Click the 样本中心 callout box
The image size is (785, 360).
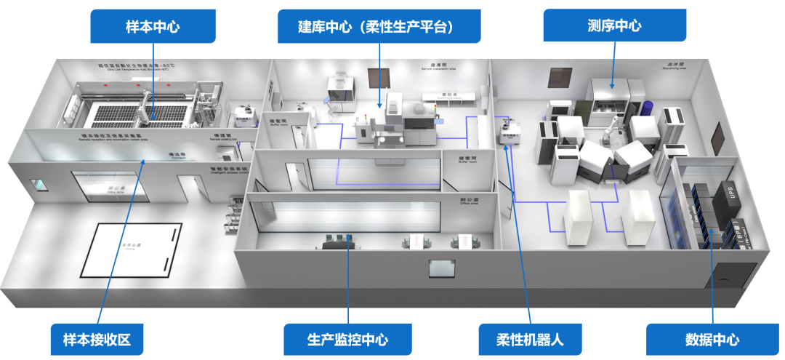point(153,26)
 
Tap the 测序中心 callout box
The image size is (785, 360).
point(614,26)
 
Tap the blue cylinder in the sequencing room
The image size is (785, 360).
point(647,113)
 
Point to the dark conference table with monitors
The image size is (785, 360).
point(336,243)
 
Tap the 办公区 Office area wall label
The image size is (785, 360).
point(467,199)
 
